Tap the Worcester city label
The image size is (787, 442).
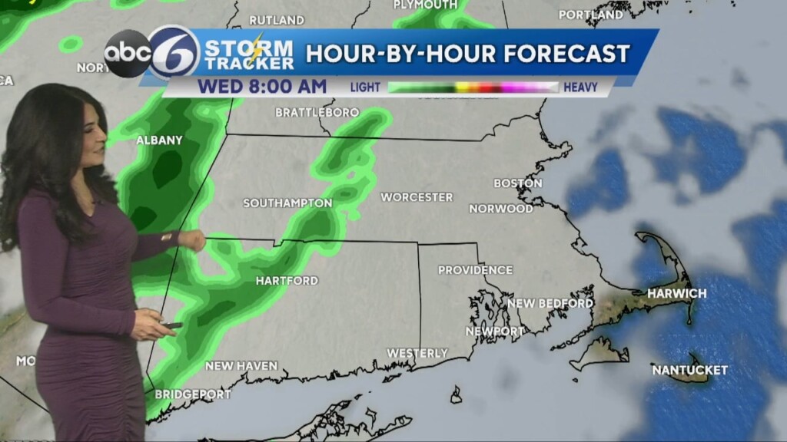click(x=417, y=197)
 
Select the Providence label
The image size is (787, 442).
click(x=475, y=270)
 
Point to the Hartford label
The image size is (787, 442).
click(x=287, y=281)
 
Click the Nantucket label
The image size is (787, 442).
click(x=689, y=371)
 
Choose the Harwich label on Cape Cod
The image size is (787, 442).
click(x=676, y=294)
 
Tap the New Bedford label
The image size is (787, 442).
click(x=550, y=304)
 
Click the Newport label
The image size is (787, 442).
click(x=495, y=331)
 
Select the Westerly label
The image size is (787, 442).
click(x=417, y=353)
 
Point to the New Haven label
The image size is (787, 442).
click(x=241, y=366)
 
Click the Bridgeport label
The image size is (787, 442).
click(x=193, y=394)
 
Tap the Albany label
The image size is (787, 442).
click(x=159, y=140)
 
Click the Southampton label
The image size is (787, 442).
click(x=287, y=203)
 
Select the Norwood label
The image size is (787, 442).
click(x=500, y=209)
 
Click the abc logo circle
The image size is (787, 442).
click(x=127, y=53)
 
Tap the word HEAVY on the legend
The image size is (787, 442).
click(x=580, y=87)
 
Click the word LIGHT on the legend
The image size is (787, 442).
click(x=365, y=87)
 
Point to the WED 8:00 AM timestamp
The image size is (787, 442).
click(x=261, y=87)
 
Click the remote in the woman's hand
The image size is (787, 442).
click(x=172, y=325)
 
